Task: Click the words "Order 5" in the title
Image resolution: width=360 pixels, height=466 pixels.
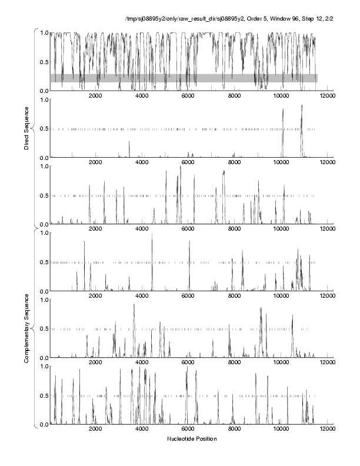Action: (x=257, y=19)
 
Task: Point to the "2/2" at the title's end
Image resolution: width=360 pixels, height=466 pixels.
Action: (x=330, y=19)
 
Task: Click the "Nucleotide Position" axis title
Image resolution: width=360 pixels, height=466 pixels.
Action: (x=192, y=439)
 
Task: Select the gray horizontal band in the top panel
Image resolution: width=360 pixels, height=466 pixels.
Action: (x=184, y=78)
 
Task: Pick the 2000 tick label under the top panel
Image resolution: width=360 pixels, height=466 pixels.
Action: (x=95, y=96)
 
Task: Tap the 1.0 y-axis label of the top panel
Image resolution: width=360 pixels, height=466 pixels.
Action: (x=44, y=33)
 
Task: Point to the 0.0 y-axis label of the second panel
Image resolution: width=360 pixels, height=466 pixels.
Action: (x=44, y=158)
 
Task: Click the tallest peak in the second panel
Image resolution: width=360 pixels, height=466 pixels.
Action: (x=302, y=106)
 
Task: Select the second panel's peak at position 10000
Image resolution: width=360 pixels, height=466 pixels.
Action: (x=283, y=109)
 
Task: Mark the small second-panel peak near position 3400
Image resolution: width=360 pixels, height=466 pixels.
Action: (x=129, y=142)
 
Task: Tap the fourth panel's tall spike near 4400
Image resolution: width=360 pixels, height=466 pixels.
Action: (x=152, y=235)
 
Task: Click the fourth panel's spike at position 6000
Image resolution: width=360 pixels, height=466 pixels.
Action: (x=189, y=242)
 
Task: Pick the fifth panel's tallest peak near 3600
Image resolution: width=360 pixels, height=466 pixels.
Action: (x=134, y=305)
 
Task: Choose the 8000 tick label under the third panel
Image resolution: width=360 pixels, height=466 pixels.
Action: (x=235, y=229)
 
